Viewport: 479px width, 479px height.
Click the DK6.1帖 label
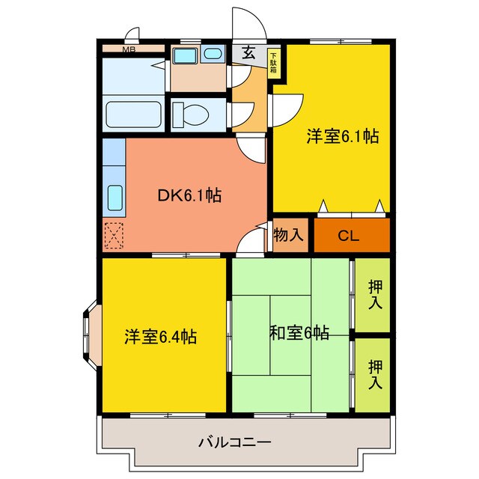pyautogui.click(x=188, y=196)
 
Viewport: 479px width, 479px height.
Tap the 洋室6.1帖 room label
pyautogui.click(x=341, y=137)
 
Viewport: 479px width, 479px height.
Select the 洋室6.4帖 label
pyautogui.click(x=160, y=337)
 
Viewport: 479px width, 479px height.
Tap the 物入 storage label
pyautogui.click(x=289, y=236)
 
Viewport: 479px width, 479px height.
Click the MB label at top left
pyautogui.click(x=129, y=50)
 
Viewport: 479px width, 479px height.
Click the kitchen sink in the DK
pyautogui.click(x=115, y=197)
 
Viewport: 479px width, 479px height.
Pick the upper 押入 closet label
pyautogui.click(x=375, y=295)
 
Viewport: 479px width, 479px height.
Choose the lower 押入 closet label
pyautogui.click(x=375, y=374)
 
